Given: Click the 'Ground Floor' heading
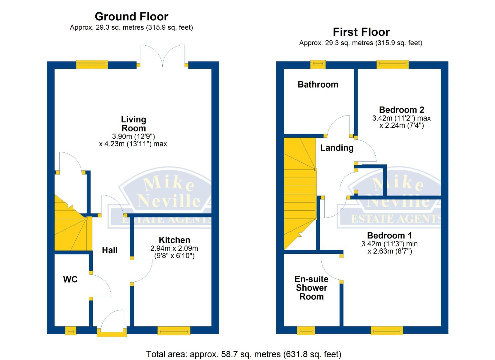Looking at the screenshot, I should click(x=131, y=16).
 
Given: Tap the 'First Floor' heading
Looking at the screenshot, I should click(x=361, y=32).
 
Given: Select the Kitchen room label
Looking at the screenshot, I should click(x=174, y=240).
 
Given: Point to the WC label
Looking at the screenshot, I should click(x=70, y=279).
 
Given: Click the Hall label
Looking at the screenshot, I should click(x=110, y=250).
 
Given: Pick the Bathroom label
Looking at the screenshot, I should click(x=318, y=85).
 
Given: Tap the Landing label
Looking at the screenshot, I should click(x=337, y=148).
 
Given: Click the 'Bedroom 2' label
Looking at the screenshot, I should click(x=401, y=110).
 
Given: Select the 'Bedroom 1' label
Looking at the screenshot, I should click(x=389, y=236).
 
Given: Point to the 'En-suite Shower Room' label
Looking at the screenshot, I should click(x=311, y=288).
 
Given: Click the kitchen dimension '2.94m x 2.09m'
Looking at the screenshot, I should click(x=174, y=248).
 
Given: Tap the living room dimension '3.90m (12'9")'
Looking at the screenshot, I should click(x=133, y=136).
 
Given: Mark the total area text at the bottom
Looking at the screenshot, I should click(x=244, y=354).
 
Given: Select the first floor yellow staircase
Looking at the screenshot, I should click(x=299, y=193).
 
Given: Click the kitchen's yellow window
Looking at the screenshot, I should click(x=174, y=331).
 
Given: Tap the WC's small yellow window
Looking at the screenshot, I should click(x=71, y=331).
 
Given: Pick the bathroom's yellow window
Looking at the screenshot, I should click(x=318, y=64).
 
